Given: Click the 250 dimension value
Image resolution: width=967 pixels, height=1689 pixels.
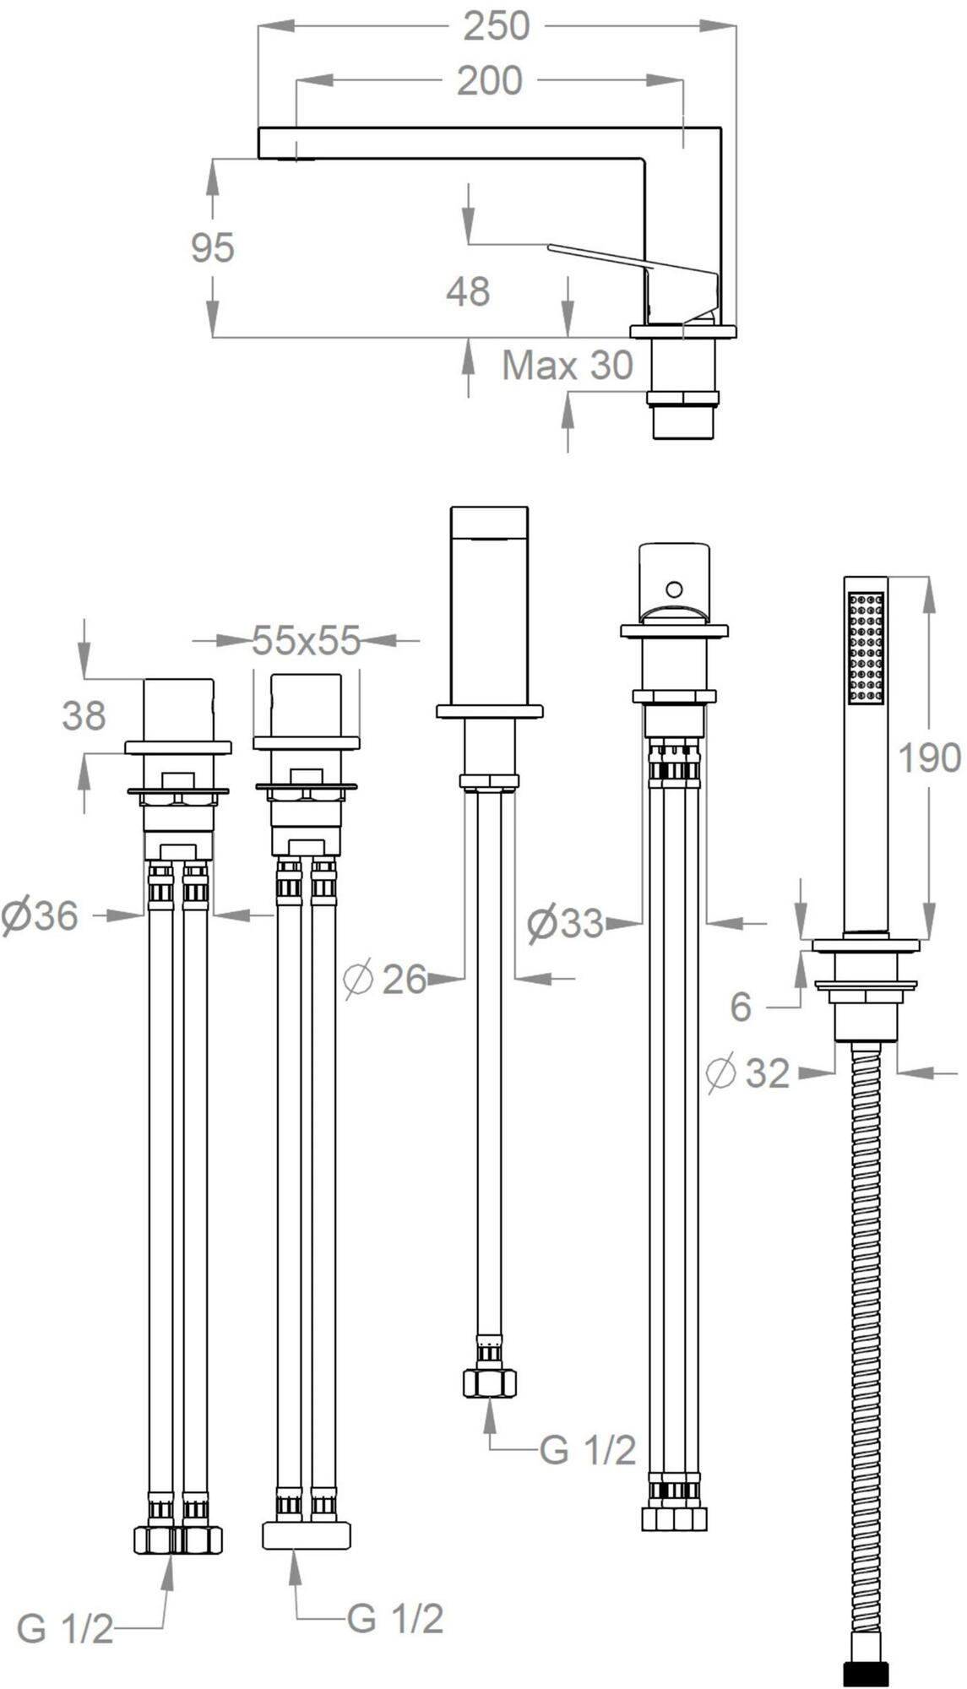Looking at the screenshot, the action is pos(496,26).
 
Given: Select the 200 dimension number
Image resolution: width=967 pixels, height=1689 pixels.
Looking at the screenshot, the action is pos(490,81).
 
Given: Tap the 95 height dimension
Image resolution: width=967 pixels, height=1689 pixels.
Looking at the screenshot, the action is pos(212,247).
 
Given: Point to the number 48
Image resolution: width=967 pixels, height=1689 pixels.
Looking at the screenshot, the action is pos(468,291).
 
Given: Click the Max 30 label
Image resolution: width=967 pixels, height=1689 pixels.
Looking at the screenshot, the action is pos(568,366).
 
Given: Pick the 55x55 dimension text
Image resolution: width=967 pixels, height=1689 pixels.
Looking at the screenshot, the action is pos(307,641).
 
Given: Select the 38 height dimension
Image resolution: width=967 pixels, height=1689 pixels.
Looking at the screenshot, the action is pos(84,716).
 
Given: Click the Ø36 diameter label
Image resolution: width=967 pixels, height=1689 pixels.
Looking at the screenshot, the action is pos(40,916).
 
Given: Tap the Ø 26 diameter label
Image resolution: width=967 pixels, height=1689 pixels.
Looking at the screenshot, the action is pos(385,980).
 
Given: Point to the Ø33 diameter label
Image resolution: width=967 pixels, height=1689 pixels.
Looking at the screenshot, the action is pos(565,923).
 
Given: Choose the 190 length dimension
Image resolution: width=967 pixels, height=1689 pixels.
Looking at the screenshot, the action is pos(929,758).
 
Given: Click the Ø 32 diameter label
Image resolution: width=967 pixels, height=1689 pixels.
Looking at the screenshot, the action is pos(748,1073).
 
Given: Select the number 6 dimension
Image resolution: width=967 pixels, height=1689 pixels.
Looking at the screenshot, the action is pos(741,1007).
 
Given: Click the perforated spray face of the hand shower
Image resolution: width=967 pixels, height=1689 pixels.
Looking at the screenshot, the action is pos(866,648).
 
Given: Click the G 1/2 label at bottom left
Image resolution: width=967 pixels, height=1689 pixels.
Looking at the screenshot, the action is pos(65,1629).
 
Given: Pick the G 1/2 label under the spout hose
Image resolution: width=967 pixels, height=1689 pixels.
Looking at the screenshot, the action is pos(588,1450).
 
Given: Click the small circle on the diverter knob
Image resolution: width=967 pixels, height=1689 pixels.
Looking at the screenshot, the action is pos(673,589).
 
